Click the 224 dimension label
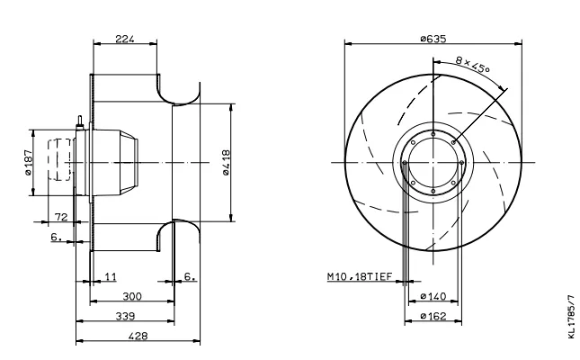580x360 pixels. tap(125, 39)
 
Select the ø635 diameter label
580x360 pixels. tap(433, 39)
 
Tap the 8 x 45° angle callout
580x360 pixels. tap(472, 65)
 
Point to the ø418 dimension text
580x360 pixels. tap(226, 163)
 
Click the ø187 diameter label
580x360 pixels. tap(28, 163)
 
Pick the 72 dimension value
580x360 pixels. tap(61, 217)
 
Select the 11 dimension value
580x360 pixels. tap(111, 276)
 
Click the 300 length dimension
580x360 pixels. tap(132, 296)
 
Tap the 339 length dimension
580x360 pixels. tap(125, 316)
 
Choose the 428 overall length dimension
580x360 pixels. tap(138, 336)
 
